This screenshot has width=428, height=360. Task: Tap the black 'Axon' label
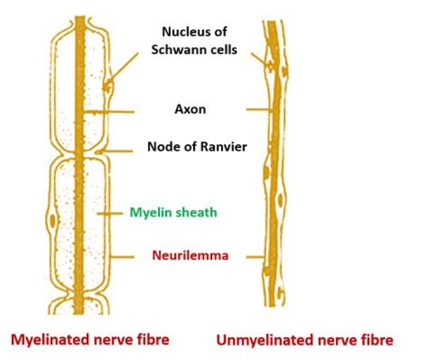point(190,109)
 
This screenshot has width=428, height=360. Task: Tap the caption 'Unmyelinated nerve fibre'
point(304,340)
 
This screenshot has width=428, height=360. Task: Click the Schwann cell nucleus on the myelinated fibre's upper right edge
point(108,88)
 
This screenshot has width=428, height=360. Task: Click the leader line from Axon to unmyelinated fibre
point(259,109)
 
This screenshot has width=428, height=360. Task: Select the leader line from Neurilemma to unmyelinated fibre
point(255,257)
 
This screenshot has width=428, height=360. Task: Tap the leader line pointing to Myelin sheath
point(110,212)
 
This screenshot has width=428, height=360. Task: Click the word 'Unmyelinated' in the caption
point(267,340)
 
